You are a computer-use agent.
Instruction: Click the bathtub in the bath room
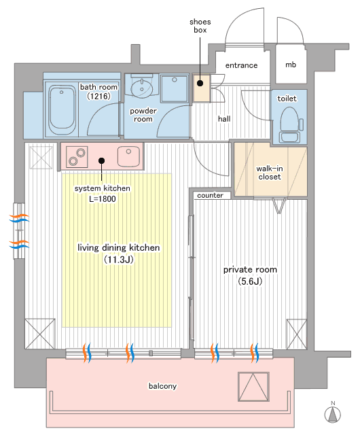pyautogui.click(x=62, y=110)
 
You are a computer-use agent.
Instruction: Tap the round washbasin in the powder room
pyautogui.click(x=142, y=88)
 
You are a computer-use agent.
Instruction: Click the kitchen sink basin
pyautogui.click(x=128, y=156)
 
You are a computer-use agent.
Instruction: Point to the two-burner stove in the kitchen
pyautogui.click(x=77, y=157)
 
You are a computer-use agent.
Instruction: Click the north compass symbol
pyautogui.click(x=333, y=413)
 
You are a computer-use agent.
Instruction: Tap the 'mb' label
pyautogui.click(x=291, y=65)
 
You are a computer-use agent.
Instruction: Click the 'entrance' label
pyautogui.click(x=241, y=65)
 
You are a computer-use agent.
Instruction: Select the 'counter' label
pyautogui.click(x=210, y=195)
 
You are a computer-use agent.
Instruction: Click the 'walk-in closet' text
pyautogui.click(x=270, y=173)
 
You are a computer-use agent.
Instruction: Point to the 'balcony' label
pyautogui.click(x=162, y=386)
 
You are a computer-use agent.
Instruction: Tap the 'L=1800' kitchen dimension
pyautogui.click(x=103, y=198)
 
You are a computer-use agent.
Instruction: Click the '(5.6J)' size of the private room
pyautogui.click(x=250, y=281)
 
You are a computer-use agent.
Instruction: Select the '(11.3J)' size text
pyautogui.click(x=119, y=260)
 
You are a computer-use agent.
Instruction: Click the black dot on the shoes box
pyautogui.click(x=200, y=83)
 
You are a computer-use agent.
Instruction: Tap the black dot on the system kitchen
pyautogui.click(x=101, y=160)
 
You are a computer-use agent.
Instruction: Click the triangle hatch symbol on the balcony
pyautogui.click(x=253, y=387)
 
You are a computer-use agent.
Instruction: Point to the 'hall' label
pyautogui.click(x=224, y=119)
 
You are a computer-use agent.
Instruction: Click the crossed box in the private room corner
pyautogui.click(x=297, y=334)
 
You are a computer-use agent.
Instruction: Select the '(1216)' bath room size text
pyautogui.click(x=98, y=97)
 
